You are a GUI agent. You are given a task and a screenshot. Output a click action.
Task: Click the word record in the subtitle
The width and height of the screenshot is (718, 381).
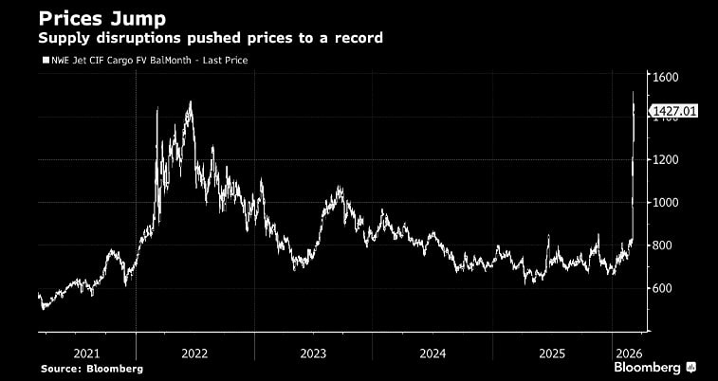tap(360, 39)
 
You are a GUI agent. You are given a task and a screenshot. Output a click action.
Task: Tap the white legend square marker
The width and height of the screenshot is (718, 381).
tap(44, 60)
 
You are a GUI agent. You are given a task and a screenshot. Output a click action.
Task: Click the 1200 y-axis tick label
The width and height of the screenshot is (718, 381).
tap(664, 160)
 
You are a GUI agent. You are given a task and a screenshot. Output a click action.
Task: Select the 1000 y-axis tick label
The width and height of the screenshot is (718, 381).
tap(664, 203)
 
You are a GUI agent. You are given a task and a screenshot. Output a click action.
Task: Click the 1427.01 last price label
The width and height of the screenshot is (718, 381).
tap(674, 111)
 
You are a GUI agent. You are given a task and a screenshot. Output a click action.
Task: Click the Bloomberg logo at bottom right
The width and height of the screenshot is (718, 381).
tap(655, 367)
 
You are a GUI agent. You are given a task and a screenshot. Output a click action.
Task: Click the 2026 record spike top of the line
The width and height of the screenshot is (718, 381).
tap(634, 92)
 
